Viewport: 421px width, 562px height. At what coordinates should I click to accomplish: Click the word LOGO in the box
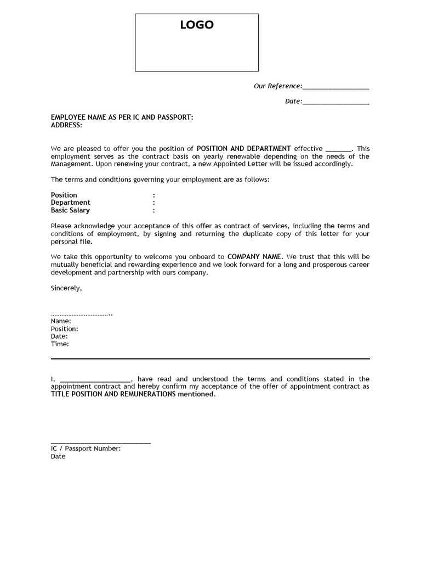[197, 25]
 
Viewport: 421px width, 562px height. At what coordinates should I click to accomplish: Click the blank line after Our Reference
[335, 87]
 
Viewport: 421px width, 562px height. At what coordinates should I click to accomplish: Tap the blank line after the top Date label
[335, 103]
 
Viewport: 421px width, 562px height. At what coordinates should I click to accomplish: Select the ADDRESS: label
[66, 125]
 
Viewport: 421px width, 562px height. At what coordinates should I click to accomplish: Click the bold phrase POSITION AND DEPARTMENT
[244, 149]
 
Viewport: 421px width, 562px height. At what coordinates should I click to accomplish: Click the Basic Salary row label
[70, 210]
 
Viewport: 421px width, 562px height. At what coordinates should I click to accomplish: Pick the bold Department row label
[71, 203]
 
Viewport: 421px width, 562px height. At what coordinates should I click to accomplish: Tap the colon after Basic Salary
[154, 210]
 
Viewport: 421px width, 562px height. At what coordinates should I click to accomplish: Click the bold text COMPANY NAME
[254, 257]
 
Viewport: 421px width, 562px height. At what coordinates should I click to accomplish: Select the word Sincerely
[66, 288]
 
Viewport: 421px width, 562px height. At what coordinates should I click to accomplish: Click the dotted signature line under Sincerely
[81, 314]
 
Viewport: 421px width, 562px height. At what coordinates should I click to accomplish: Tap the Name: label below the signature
[61, 321]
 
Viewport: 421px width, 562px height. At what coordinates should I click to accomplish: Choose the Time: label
[60, 344]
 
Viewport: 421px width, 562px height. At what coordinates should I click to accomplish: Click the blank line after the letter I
[95, 380]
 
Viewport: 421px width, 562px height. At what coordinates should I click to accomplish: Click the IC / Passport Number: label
[86, 448]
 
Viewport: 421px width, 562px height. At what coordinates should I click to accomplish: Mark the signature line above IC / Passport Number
[101, 442]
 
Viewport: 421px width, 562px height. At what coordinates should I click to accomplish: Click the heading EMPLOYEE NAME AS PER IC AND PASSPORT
[122, 117]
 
